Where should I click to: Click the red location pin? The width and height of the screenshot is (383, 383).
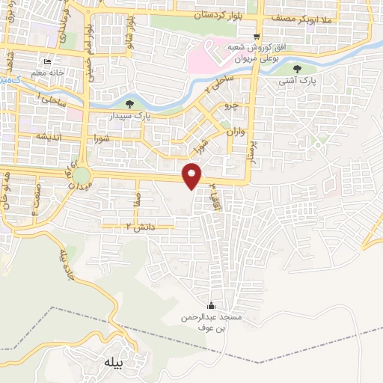193,176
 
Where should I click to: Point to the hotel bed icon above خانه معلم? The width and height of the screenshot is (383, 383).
49,62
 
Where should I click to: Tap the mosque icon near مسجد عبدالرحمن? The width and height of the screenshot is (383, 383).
210,307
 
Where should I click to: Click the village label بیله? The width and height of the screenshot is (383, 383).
109,366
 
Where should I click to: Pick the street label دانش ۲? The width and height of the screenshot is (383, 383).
136,226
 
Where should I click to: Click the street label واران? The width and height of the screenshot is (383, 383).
235,132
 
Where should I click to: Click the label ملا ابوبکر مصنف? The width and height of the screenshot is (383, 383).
311,13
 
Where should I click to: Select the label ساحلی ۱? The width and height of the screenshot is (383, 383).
55,98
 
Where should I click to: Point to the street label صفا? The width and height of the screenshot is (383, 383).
134,197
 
